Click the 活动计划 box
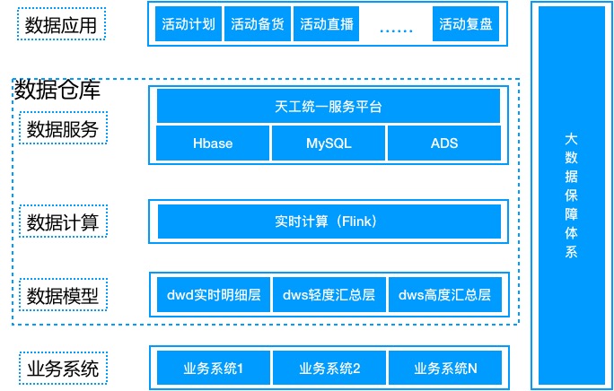(188, 24)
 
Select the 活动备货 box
(257, 24)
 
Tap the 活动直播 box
(325, 24)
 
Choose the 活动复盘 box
(465, 24)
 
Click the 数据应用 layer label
(62, 24)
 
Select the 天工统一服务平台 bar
(329, 107)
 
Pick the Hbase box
(213, 143)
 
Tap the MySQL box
(329, 143)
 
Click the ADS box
(444, 143)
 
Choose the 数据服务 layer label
(62, 129)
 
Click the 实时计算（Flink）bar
(329, 221)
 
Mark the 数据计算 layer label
(62, 221)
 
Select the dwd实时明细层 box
(214, 294)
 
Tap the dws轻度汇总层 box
(329, 294)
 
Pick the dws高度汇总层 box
(444, 294)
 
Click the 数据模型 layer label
(62, 295)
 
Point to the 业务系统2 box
(329, 368)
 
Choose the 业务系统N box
(444, 368)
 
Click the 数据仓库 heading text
(57, 90)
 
